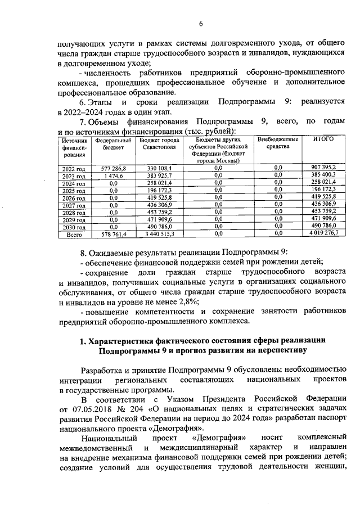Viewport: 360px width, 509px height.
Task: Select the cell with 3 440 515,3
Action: pos(159,233)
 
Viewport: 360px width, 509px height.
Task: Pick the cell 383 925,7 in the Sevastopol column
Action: pos(159,175)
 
